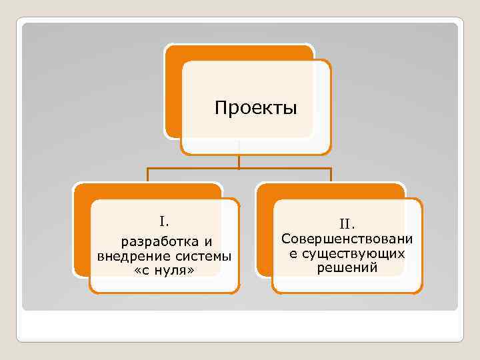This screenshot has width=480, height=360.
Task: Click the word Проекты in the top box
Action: click(x=256, y=107)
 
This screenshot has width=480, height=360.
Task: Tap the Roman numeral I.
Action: click(x=164, y=221)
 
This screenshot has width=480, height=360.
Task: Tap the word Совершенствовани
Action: click(x=347, y=239)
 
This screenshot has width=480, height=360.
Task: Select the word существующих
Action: click(x=354, y=253)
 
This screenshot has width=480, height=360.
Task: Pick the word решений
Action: click(x=347, y=267)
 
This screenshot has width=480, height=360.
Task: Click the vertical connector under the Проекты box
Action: click(x=239, y=160)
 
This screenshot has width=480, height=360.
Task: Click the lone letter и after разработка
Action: click(x=208, y=241)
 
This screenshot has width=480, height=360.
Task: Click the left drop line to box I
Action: click(x=147, y=175)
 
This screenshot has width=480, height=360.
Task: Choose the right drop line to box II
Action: click(x=331, y=175)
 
